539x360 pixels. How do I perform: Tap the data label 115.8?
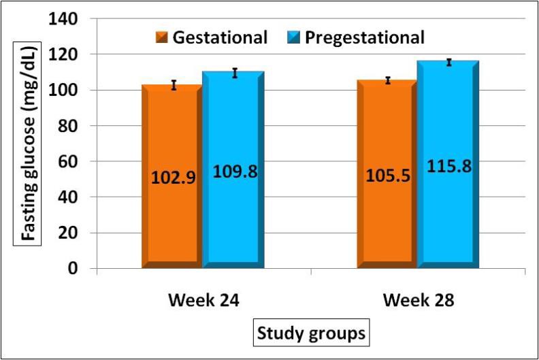click(x=448, y=166)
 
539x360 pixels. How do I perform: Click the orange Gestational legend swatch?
click(x=163, y=37)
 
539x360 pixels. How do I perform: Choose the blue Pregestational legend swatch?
click(x=294, y=37)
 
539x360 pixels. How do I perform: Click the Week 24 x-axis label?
click(x=201, y=301)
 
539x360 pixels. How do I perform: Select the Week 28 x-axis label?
click(x=416, y=301)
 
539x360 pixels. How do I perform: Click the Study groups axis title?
click(x=310, y=333)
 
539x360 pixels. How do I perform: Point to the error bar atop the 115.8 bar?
click(x=448, y=63)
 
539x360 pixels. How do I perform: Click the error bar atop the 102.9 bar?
click(x=174, y=85)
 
